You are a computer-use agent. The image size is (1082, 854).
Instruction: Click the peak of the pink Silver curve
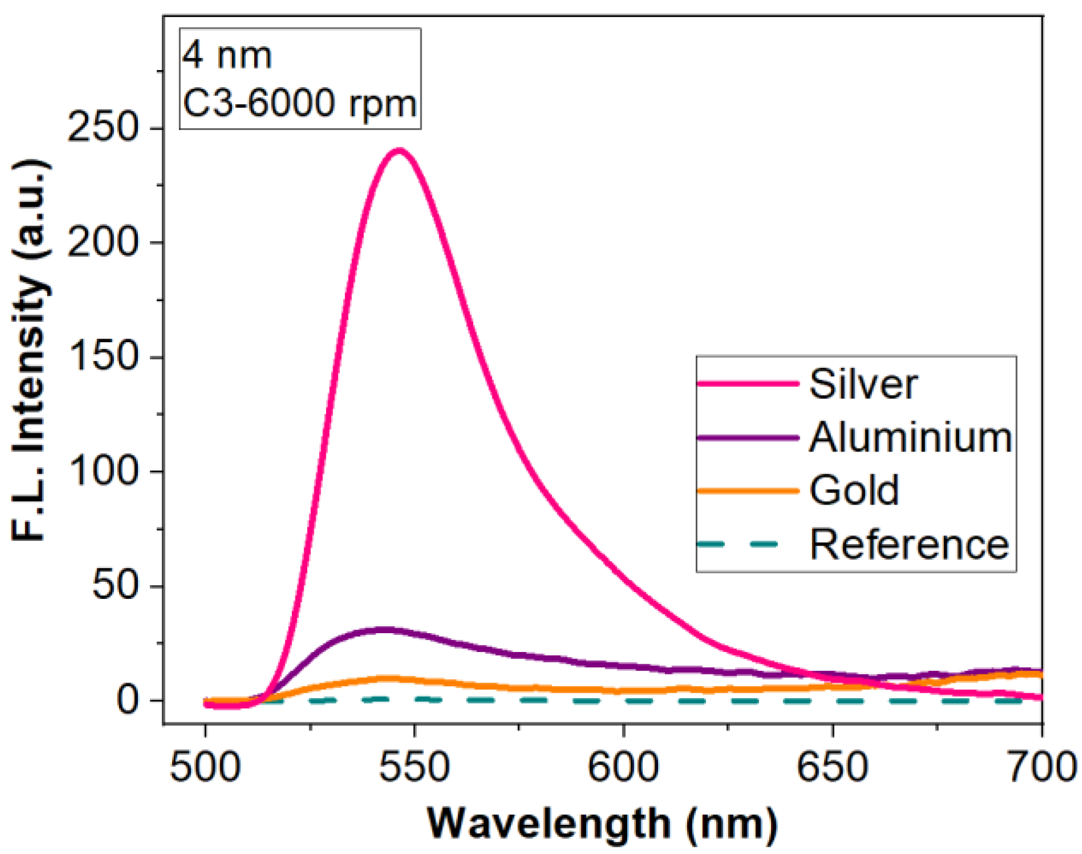tap(399, 151)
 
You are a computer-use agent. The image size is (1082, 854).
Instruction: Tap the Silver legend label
tap(863, 384)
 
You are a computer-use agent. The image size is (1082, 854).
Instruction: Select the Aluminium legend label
tap(910, 438)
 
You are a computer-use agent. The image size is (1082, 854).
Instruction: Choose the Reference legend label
tap(909, 544)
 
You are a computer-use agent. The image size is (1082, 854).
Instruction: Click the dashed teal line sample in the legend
tap(747, 544)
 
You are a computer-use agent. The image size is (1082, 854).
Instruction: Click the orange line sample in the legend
tap(747, 491)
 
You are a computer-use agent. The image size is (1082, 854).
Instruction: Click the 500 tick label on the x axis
tap(205, 767)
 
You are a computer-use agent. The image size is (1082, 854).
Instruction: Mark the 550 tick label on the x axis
tap(414, 767)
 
